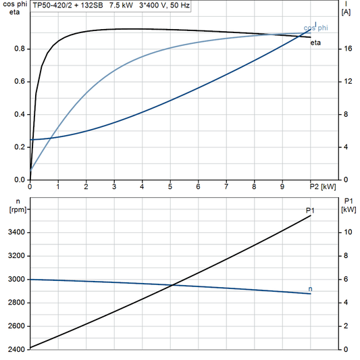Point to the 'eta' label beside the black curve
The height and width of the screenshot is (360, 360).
point(315,43)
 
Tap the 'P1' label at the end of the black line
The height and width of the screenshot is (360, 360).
point(309,211)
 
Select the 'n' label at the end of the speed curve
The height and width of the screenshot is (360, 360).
point(311,289)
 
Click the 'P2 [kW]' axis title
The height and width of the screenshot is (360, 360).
point(322,186)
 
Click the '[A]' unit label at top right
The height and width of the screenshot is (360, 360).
point(346,12)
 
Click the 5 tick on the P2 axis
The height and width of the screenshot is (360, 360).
point(170,186)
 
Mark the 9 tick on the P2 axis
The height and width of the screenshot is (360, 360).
point(282,186)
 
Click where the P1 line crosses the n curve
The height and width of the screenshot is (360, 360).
point(174,285)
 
